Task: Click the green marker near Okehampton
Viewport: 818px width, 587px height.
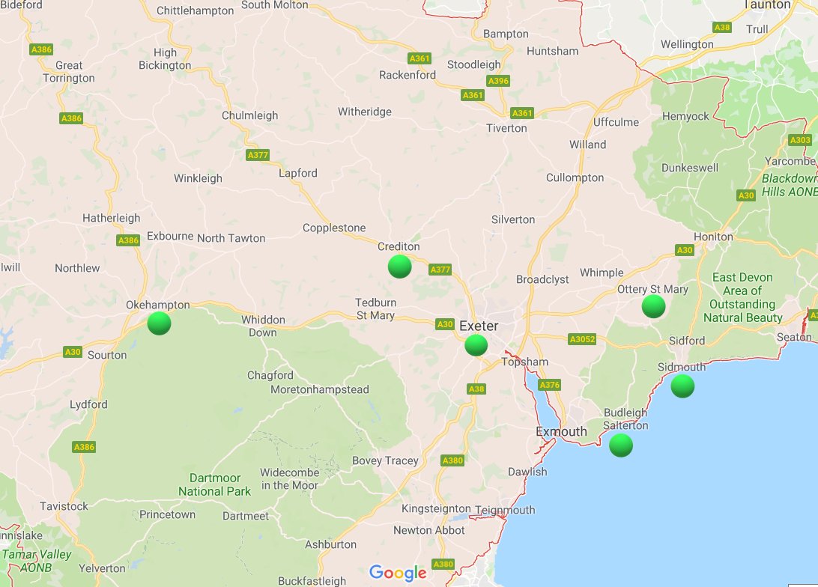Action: click(x=159, y=323)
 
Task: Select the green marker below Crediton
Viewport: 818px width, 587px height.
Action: click(x=400, y=267)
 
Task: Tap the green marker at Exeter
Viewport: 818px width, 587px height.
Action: click(x=476, y=345)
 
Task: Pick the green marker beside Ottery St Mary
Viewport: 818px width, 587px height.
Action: click(x=654, y=305)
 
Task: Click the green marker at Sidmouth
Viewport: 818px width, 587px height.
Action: click(x=682, y=386)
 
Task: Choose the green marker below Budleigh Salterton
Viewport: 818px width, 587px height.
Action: click(x=621, y=445)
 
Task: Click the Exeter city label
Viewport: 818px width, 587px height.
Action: click(x=479, y=326)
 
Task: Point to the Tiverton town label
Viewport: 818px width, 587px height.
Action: click(x=506, y=128)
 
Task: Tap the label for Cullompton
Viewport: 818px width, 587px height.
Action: click(x=575, y=177)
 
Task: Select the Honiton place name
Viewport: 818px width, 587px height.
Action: click(x=713, y=237)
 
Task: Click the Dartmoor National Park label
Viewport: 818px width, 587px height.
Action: click(x=215, y=484)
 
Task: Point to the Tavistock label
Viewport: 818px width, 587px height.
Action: click(x=64, y=506)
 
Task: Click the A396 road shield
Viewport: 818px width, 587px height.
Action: click(x=498, y=81)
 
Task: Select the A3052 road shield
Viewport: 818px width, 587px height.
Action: click(x=582, y=339)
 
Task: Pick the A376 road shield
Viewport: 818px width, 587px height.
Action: click(x=549, y=385)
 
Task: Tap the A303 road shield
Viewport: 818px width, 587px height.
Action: click(x=800, y=140)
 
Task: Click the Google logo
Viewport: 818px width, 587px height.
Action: click(x=398, y=574)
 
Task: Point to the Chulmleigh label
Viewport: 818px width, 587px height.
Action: click(x=249, y=115)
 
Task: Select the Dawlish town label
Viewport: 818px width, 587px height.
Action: click(x=527, y=472)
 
